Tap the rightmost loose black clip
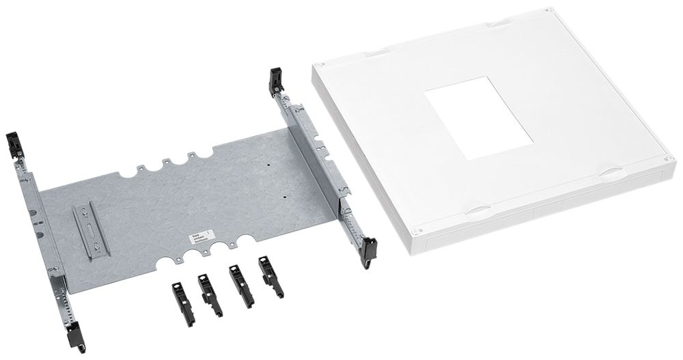click(x=270, y=275)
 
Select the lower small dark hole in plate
click(x=285, y=196)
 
